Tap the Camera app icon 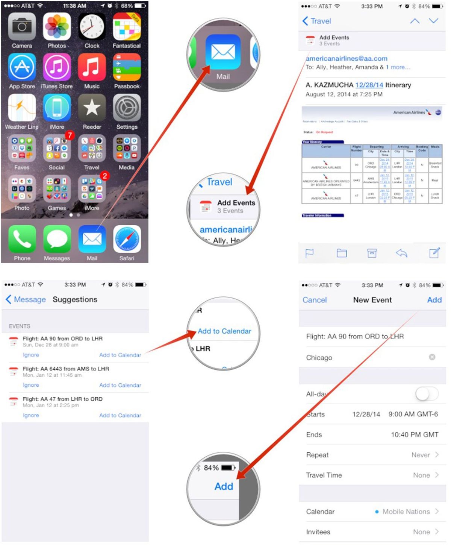pos(22,27)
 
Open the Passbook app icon pos(127,67)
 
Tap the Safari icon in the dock pos(127,239)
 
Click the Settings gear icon pos(127,108)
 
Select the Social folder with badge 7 pos(57,149)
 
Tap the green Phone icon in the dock pos(22,239)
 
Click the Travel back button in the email pos(316,21)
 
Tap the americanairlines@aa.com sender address pos(346,58)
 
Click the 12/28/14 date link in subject pos(369,85)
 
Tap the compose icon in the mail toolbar pos(434,253)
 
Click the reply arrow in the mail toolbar pos(401,253)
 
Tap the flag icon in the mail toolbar pos(309,254)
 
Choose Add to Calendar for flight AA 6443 pos(120,385)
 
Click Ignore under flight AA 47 pos(31,415)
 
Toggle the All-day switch pos(427,394)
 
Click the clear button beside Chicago pos(432,357)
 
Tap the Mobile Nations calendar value pos(406,512)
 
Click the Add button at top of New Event pos(434,300)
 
